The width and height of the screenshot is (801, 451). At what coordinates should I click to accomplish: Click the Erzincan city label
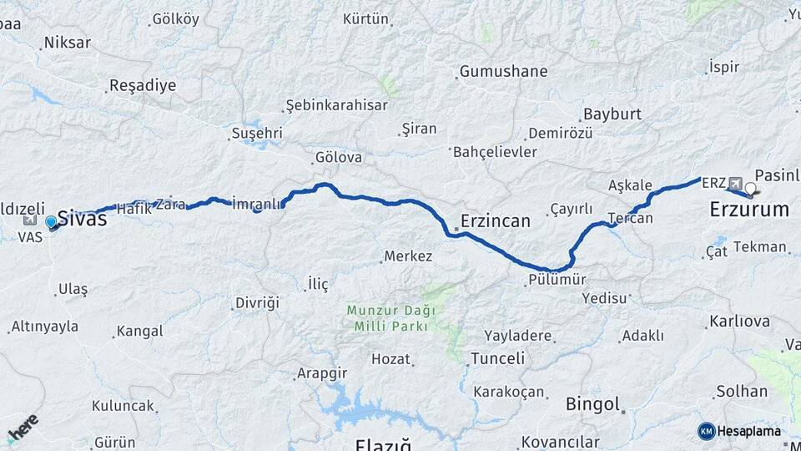coord(495,221)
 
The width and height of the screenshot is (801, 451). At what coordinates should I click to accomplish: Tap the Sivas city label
coord(82,219)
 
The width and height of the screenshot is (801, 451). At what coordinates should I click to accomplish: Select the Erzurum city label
coord(748,210)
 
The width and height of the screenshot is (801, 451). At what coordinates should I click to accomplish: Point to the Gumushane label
coord(503,72)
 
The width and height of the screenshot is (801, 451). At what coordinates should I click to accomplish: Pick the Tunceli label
coord(497,358)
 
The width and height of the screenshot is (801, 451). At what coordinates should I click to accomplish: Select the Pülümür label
coord(557,280)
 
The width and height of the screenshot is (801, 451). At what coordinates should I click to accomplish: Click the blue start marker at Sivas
coord(51,222)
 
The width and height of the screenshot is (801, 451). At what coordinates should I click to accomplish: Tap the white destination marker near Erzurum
coord(751,188)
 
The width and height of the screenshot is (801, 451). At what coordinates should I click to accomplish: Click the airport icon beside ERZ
coord(735,183)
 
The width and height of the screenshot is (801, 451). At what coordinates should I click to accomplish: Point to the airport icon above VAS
coord(31,220)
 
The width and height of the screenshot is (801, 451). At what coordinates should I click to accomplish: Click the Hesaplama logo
coord(739,431)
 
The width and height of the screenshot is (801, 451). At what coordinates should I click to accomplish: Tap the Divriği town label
coord(256,302)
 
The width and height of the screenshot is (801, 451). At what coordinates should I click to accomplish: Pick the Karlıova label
coord(739,322)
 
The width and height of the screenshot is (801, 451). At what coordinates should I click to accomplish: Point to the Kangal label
coord(139,332)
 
